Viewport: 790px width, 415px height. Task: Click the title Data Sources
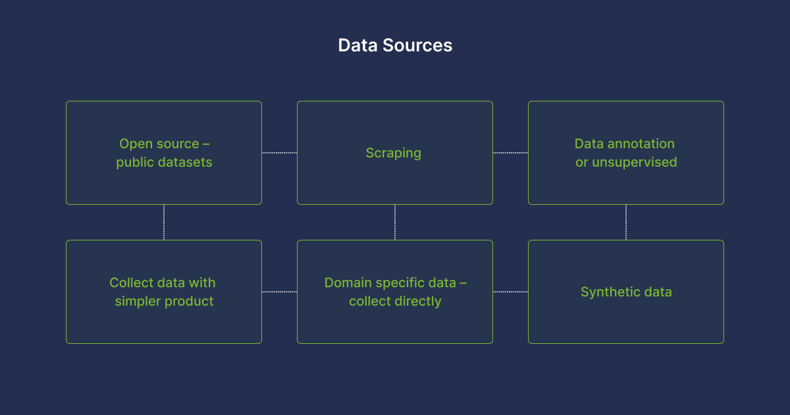pos(395,45)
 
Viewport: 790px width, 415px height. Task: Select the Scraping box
pos(395,153)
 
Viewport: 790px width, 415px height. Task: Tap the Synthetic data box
pos(626,292)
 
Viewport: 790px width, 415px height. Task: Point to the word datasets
pos(185,162)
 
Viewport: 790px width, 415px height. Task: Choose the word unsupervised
pos(635,163)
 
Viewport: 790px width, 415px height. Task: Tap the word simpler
pos(138,302)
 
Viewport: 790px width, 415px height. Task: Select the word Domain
pos(348,283)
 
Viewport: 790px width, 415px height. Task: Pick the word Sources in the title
pos(417,45)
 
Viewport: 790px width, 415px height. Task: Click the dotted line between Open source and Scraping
pos(279,153)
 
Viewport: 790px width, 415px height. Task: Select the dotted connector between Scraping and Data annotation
pos(510,153)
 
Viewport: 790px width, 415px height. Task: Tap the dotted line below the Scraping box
pos(395,223)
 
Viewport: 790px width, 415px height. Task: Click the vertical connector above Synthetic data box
pos(626,223)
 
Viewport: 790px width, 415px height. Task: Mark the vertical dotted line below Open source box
pos(164,223)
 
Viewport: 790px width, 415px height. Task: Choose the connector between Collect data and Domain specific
pos(279,292)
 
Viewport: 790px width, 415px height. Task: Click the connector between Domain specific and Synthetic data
pos(510,292)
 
